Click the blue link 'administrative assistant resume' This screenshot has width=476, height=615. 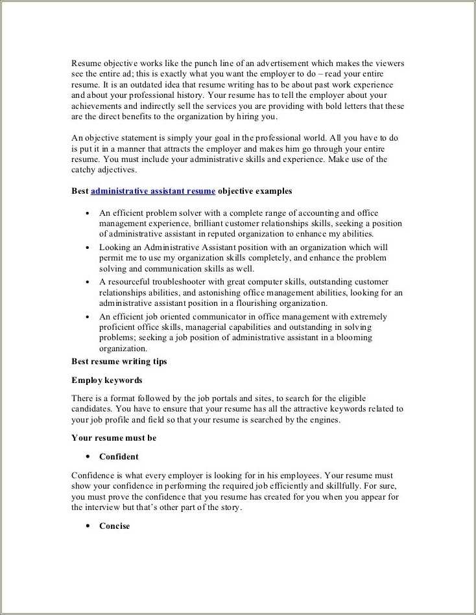coord(153,191)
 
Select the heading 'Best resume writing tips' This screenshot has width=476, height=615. coord(119,362)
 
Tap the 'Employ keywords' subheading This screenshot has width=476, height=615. coord(106,380)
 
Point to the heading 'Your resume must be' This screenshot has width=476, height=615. coord(113,438)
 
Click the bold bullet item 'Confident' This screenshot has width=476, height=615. coord(119,457)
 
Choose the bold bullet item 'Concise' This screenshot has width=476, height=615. coord(114,526)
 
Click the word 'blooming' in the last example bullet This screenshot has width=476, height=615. coord(354,338)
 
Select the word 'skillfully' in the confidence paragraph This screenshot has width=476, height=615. coord(353,486)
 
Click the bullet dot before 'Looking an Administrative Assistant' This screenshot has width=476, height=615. coord(88,248)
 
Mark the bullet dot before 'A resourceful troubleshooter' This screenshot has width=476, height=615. coord(88,283)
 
